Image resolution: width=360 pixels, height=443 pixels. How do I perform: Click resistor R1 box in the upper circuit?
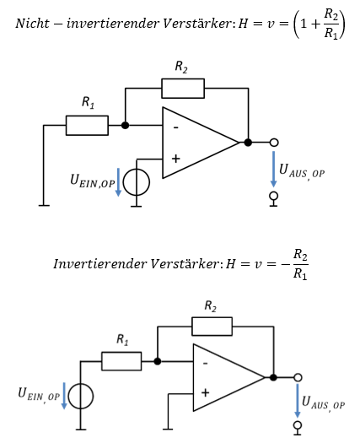[x=87, y=125]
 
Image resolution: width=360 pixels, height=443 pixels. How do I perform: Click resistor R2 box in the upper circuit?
[x=183, y=89]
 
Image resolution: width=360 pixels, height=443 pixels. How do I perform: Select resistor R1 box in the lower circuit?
[x=121, y=361]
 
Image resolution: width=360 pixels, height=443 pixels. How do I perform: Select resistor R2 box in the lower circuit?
[x=212, y=327]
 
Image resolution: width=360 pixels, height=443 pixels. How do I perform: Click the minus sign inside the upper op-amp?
[x=176, y=127]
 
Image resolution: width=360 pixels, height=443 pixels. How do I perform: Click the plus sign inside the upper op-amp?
[x=175, y=159]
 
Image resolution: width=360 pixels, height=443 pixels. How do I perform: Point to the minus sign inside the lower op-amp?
[x=205, y=364]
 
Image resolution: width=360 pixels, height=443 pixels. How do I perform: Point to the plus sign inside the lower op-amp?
[x=205, y=392]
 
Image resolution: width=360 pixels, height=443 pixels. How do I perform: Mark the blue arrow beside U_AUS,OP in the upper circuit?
[x=273, y=169]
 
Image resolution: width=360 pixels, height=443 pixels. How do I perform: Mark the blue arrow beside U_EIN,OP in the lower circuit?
[x=64, y=396]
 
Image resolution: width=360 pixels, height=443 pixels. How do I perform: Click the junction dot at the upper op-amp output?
[x=248, y=143]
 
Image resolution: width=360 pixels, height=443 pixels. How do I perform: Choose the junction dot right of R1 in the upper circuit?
[x=125, y=125]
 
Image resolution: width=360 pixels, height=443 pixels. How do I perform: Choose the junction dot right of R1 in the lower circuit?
[x=158, y=361]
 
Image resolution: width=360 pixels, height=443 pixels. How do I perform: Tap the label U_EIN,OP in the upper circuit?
[x=93, y=181]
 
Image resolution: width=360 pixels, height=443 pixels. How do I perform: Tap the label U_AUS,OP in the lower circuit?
[x=323, y=402]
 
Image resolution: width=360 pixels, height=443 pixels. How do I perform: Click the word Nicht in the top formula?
[x=32, y=23]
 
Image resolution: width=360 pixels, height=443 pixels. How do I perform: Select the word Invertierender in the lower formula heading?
[x=100, y=264]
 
